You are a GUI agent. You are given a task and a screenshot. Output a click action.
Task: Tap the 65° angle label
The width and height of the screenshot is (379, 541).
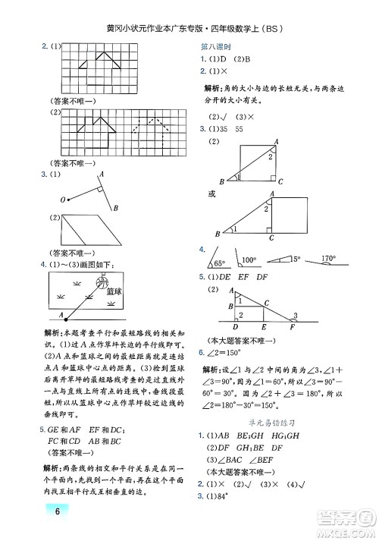221,263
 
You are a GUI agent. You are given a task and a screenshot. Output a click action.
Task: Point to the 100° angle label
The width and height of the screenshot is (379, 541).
249,260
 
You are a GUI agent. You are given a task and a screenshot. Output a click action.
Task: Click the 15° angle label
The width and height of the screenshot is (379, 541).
296,259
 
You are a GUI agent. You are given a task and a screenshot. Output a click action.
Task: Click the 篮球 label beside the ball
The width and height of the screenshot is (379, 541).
115,291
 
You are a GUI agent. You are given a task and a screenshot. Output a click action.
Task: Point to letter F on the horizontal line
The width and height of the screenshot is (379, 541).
292,327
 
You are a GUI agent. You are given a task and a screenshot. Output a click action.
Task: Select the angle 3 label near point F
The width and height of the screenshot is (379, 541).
295,316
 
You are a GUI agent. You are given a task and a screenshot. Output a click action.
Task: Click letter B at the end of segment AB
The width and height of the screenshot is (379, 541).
115,209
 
